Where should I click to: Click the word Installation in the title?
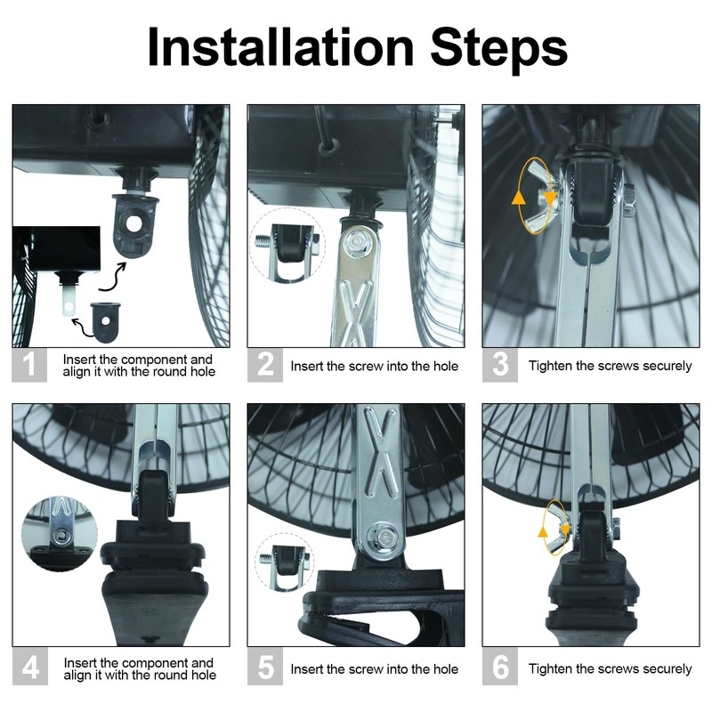coord(280,47)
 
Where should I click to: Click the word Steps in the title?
coord(498,50)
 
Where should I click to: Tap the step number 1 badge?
coord(29,365)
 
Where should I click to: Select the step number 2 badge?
coord(265,365)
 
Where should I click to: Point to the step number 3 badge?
coord(500,365)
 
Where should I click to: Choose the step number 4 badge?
coord(30,667)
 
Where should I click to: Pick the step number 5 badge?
coord(265,667)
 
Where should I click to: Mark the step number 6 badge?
coord(500,667)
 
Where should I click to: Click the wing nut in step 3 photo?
coord(543,198)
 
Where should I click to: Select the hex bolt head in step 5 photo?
coord(384,538)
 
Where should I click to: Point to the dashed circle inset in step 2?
coord(287,246)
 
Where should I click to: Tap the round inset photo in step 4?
coord(59,533)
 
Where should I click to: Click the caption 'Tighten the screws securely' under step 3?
coord(610,366)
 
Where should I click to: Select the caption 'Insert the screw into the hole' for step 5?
coord(374,669)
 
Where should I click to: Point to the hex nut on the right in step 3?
coord(629,199)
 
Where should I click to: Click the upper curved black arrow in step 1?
coord(114,276)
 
